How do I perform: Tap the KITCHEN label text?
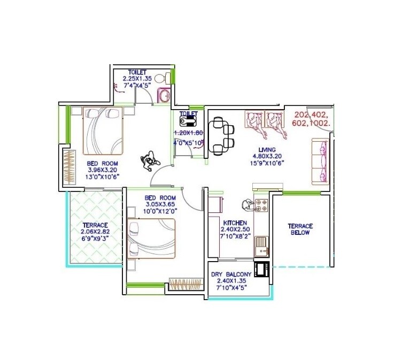pos(235,223)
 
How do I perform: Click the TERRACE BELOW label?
pos(300,229)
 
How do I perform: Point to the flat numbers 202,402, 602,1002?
pos(313,118)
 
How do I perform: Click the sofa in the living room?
pos(320,161)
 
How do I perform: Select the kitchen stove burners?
pos(262,205)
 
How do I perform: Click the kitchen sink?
pos(261,247)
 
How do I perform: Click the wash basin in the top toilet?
pos(164,96)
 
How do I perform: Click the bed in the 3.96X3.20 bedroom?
pos(103,131)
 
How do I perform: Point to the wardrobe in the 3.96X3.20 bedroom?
pos(69,168)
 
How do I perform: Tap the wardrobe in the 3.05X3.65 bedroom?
pos(184,284)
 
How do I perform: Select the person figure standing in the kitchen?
pos(247,205)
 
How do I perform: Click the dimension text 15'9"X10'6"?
pos(268,163)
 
